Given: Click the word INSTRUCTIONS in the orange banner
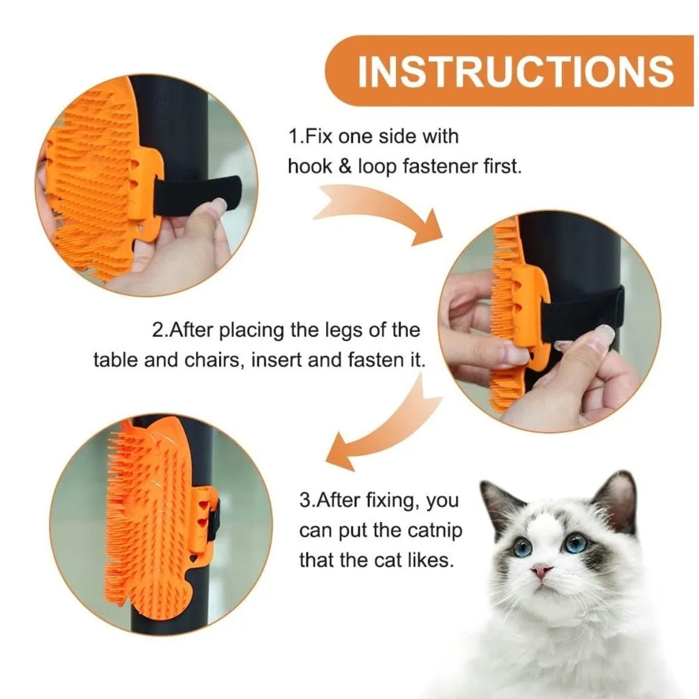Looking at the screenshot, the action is pos(515,71).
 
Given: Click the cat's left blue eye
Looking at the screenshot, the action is pos(522,547).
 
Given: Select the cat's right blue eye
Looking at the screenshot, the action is pos(575,543).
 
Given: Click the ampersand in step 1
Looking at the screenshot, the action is pos(345,167).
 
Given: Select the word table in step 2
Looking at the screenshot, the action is pos(115,360).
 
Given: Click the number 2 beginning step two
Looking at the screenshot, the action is pos(158,330).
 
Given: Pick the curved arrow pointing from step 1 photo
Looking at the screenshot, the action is pos(379,210).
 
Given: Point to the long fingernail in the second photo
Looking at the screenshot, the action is pos(604,333).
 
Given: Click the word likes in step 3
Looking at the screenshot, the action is pos(431,560).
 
